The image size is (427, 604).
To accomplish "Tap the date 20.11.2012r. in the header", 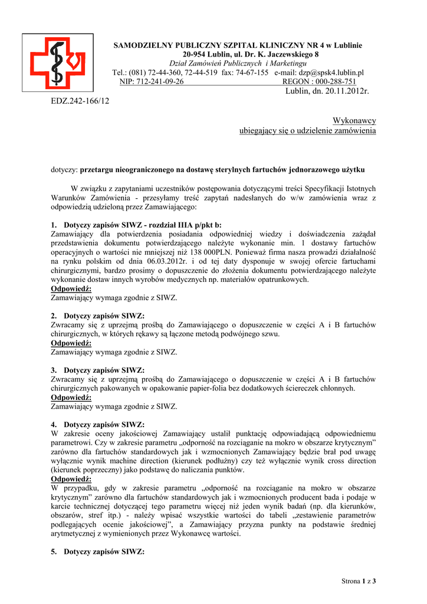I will (344, 91).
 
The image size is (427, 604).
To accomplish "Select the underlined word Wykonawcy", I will (354, 120).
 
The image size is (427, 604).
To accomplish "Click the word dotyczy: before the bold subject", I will (64, 169).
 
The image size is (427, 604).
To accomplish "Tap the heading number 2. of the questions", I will (54, 316).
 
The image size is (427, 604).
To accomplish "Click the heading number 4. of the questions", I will (54, 424).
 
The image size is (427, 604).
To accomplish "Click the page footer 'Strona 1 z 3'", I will (359, 581).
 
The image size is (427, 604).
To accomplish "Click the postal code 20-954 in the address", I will (195, 54).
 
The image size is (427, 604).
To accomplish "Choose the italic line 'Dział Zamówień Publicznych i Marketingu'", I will (238, 63).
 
